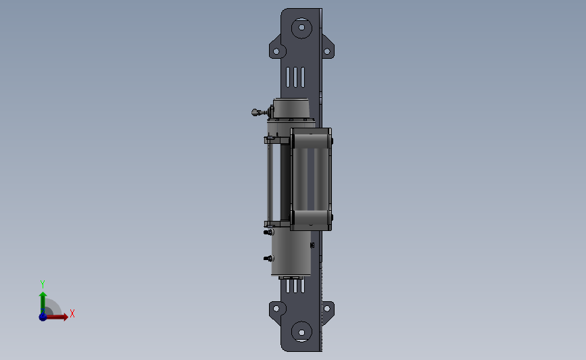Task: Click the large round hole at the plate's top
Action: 301,28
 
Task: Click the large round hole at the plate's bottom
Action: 301,332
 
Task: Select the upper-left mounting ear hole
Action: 276,51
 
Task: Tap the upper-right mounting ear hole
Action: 326,51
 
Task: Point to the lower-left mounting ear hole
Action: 276,309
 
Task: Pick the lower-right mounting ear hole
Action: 326,309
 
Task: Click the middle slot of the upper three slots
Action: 295,77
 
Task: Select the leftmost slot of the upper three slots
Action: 288,77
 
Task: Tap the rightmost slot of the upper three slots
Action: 302,77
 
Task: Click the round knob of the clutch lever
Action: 255,112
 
